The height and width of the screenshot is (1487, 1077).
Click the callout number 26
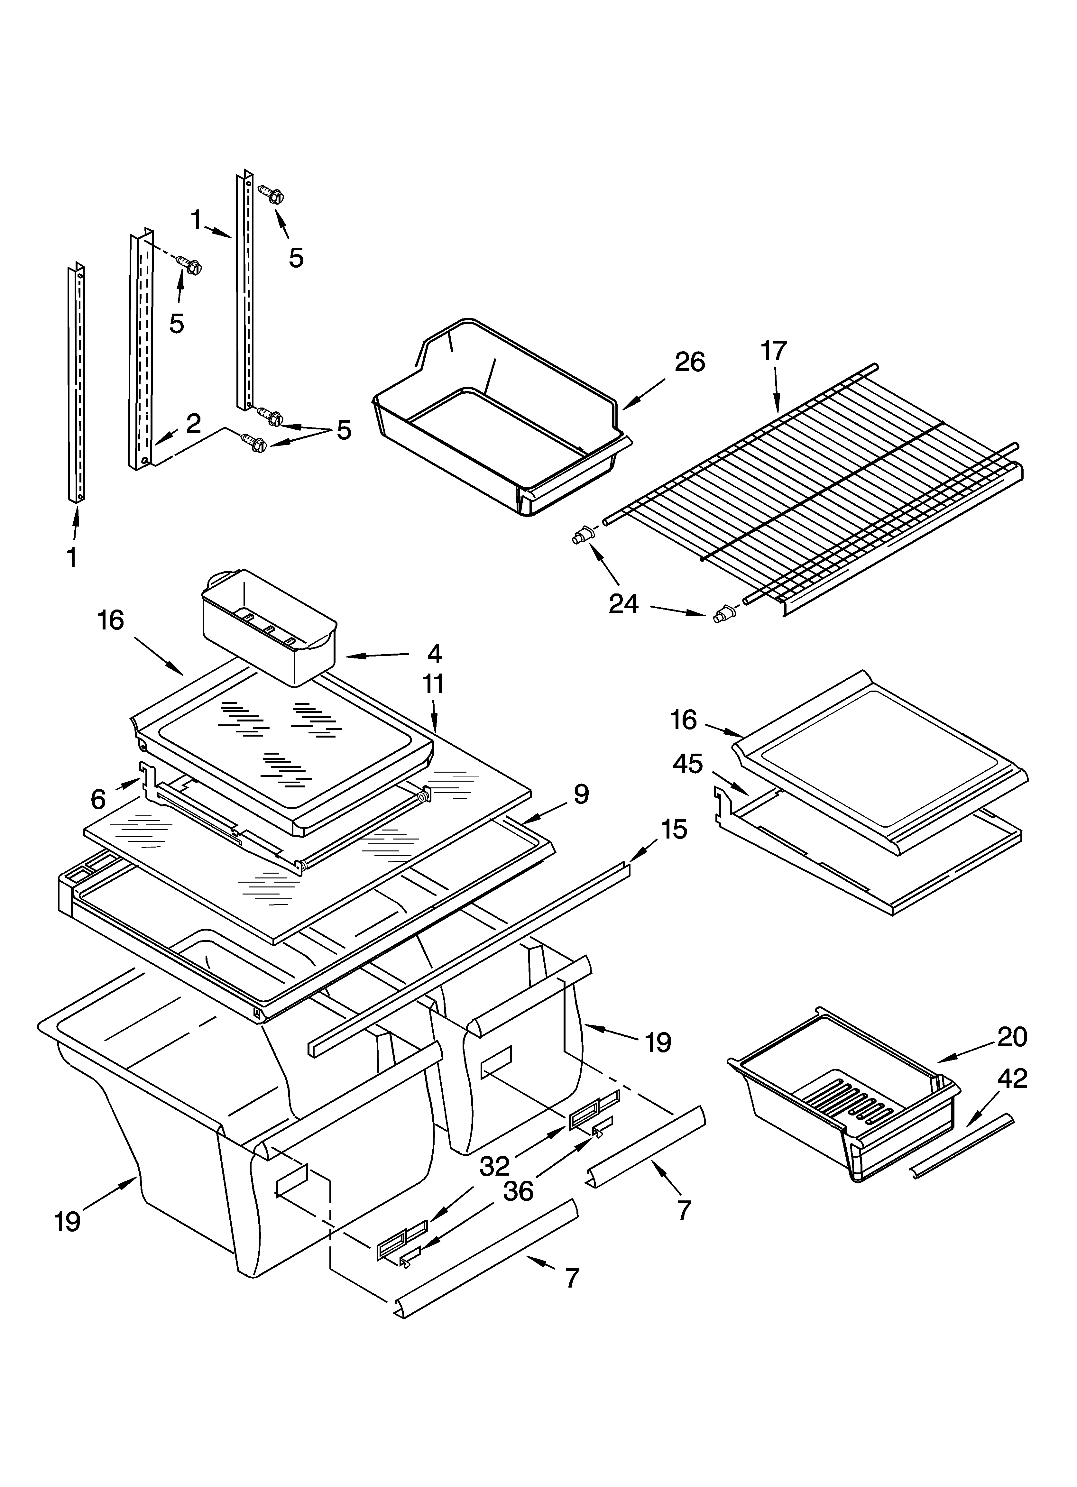click(689, 362)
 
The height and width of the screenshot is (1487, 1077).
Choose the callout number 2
click(193, 424)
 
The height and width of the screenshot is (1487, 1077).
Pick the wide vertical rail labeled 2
click(141, 347)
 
